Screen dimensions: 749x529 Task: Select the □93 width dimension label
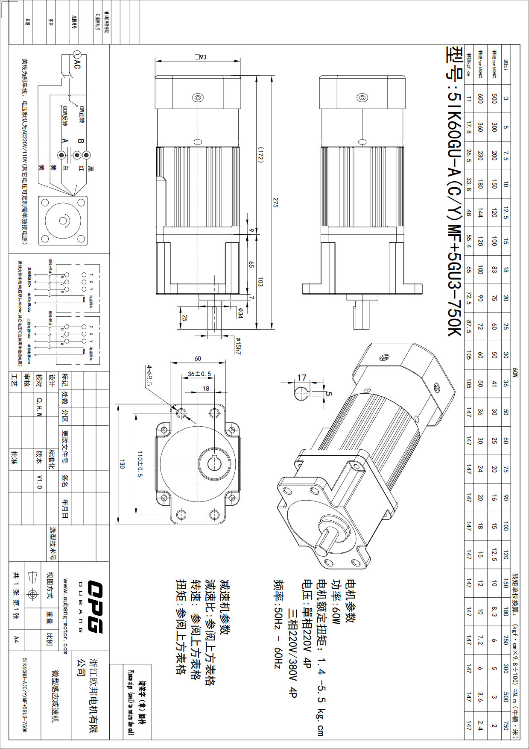(200, 57)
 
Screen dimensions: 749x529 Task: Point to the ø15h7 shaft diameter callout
(238, 345)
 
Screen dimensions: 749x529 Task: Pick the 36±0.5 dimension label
(199, 374)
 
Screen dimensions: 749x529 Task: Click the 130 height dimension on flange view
(122, 464)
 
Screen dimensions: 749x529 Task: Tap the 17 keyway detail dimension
(302, 377)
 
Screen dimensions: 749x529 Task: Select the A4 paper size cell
(16, 639)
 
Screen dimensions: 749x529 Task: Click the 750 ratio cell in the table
(506, 725)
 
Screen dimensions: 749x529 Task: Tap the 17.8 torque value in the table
(469, 127)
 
